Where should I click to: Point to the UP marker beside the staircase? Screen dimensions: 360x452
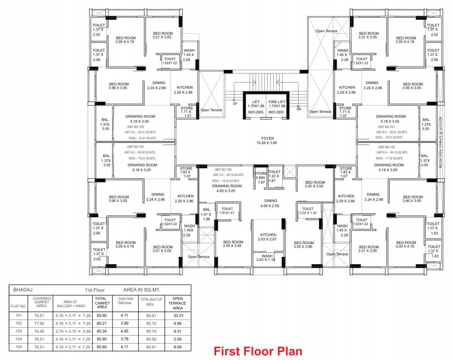click(x=235, y=104)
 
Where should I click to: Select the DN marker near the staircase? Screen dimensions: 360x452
click(x=299, y=108)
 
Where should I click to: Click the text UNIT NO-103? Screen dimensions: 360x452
click(x=223, y=169)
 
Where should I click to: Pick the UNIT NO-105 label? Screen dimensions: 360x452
click(x=136, y=127)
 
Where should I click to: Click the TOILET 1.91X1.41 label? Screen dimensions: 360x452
click(x=227, y=211)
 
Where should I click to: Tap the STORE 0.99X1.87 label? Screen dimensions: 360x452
click(x=260, y=177)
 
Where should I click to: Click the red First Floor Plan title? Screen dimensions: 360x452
click(x=258, y=351)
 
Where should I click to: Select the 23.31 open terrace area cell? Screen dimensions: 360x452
click(x=178, y=315)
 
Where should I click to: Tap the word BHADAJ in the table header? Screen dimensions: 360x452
click(x=23, y=290)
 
